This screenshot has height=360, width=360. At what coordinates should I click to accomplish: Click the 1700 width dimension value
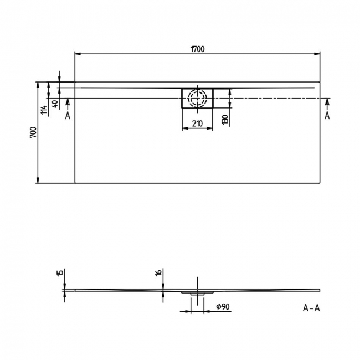pyautogui.click(x=197, y=49)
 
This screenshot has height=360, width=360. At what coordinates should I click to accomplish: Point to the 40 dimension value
pyautogui.click(x=54, y=104)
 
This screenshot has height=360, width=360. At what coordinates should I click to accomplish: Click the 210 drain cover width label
pyautogui.click(x=198, y=123)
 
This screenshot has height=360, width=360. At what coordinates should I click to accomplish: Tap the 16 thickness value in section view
pyautogui.click(x=158, y=272)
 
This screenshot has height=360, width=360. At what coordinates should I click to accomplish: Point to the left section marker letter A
pyautogui.click(x=68, y=115)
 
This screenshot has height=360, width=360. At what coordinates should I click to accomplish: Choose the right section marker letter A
pyautogui.click(x=327, y=115)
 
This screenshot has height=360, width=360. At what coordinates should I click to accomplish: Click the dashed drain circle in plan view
pyautogui.click(x=197, y=99)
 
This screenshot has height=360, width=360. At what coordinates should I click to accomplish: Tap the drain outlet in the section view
pyautogui.click(x=197, y=293)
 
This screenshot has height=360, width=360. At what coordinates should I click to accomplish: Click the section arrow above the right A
pyautogui.click(x=327, y=102)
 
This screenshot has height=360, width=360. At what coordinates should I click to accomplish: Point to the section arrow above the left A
pyautogui.click(x=68, y=102)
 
